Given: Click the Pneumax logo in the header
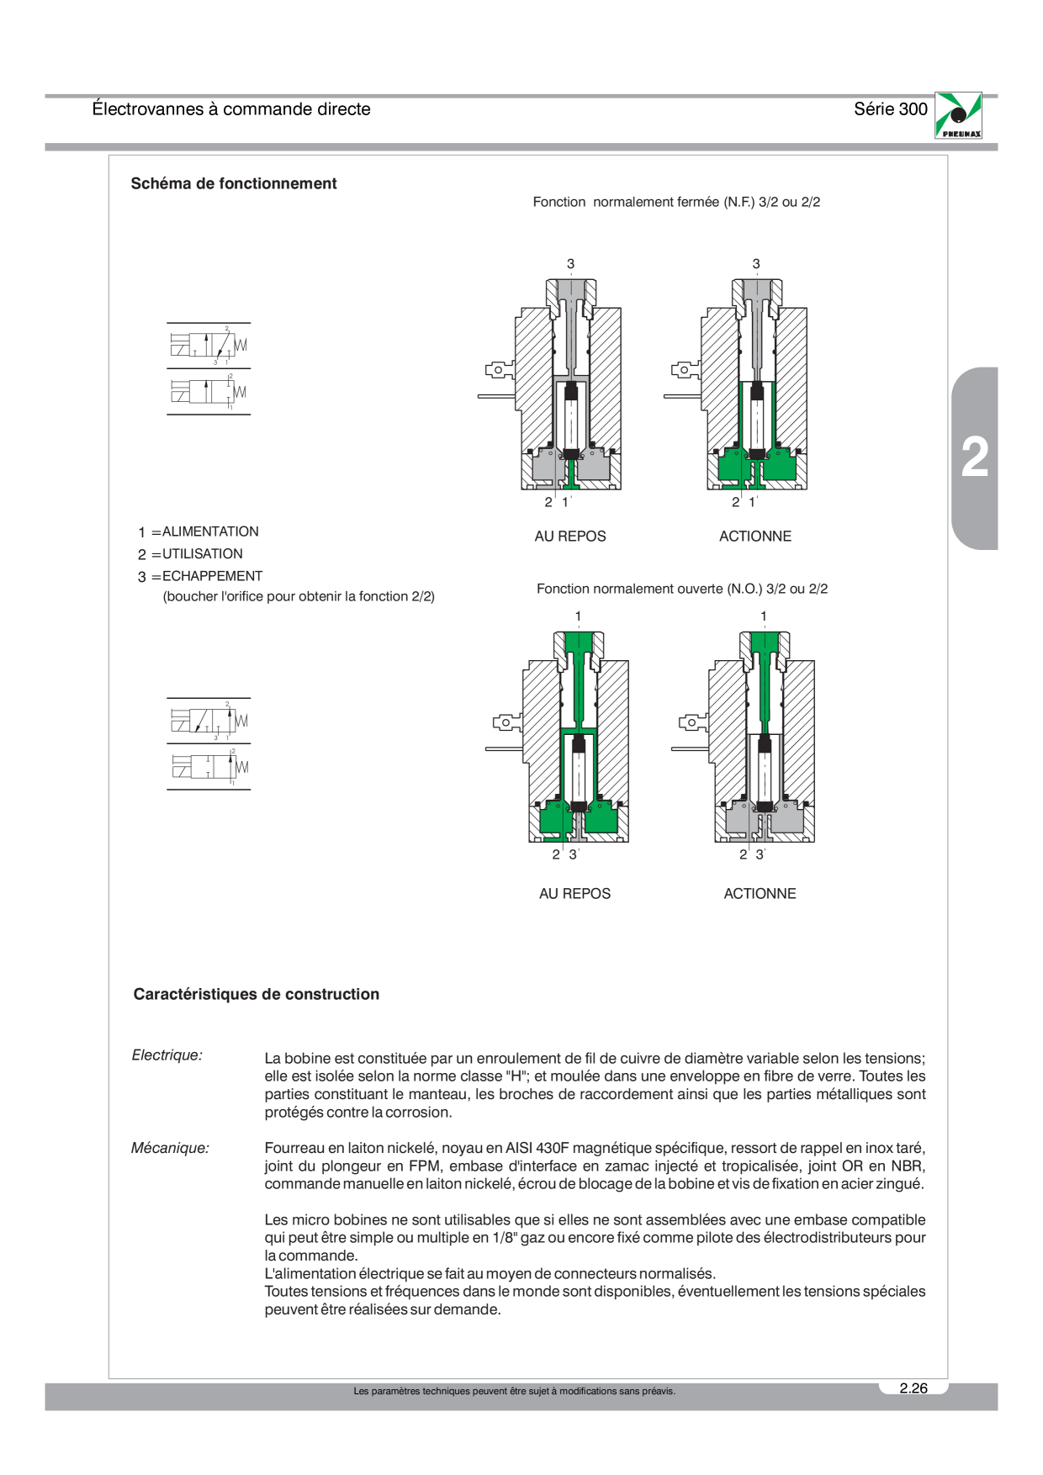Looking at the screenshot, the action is pyautogui.click(x=958, y=115).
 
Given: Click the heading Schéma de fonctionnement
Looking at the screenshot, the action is pyautogui.click(x=234, y=183).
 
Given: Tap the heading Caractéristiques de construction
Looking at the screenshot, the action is pyautogui.click(x=257, y=994).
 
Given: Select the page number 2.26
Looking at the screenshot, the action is pyautogui.click(x=913, y=1388).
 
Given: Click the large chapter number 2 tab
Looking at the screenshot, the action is pyautogui.click(x=975, y=458).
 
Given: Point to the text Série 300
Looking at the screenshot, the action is pyautogui.click(x=891, y=108).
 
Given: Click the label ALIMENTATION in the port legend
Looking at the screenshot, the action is pyautogui.click(x=210, y=531).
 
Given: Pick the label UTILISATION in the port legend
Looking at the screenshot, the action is pyautogui.click(x=203, y=553).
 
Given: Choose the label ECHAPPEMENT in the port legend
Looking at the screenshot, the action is pyautogui.click(x=213, y=576).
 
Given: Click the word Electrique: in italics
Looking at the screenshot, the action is pyautogui.click(x=167, y=1055).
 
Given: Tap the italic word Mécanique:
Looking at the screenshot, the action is pyautogui.click(x=170, y=1148).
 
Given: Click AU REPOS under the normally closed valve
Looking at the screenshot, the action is pyautogui.click(x=570, y=537).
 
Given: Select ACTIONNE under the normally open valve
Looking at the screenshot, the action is pyautogui.click(x=760, y=894).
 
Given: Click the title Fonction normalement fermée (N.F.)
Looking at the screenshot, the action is pyautogui.click(x=643, y=202).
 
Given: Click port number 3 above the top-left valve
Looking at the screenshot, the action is pyautogui.click(x=570, y=264).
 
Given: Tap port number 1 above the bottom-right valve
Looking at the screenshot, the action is pyautogui.click(x=764, y=616).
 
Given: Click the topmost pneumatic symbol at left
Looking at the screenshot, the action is pyautogui.click(x=209, y=345).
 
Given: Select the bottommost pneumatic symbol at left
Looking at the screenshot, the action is pyautogui.click(x=209, y=767).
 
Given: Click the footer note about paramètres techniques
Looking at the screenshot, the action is pyautogui.click(x=514, y=1391).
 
